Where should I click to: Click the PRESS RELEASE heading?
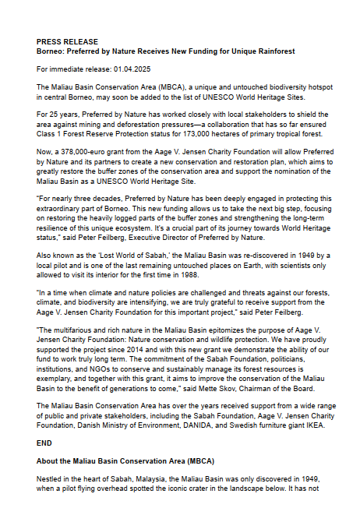[x=67, y=41]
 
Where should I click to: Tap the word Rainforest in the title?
[x=272, y=51]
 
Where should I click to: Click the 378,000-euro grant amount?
[x=83, y=150]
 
